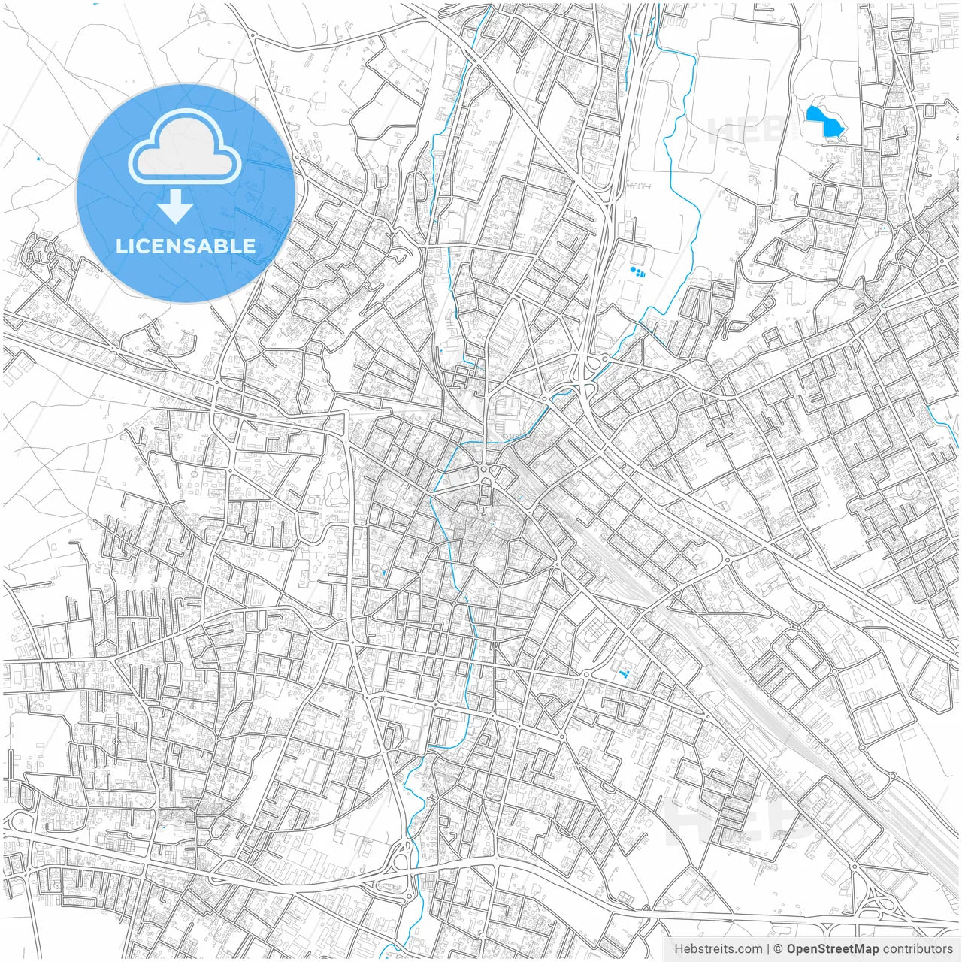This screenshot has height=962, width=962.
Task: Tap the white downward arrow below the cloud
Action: click(x=175, y=207)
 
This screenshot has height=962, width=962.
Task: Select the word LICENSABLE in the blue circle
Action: click(x=186, y=246)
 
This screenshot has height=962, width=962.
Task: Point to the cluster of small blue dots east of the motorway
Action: click(x=637, y=271)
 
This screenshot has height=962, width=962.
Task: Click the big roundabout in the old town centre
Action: click(x=485, y=472)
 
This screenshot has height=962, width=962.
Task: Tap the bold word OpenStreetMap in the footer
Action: click(x=833, y=949)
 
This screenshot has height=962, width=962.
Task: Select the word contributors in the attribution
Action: click(x=917, y=949)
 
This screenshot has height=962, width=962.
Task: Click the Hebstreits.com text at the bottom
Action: click(x=718, y=949)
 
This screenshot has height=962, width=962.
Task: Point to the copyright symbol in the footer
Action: click(x=779, y=949)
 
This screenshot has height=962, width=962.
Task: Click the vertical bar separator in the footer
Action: click(x=768, y=949)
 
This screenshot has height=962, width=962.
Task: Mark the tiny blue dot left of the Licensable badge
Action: click(x=37, y=159)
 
